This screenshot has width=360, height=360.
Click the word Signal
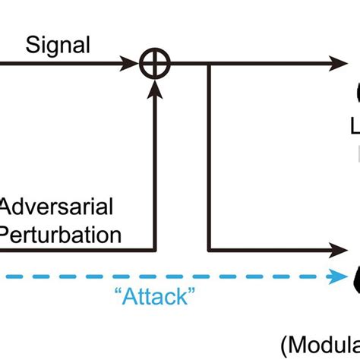click(58, 45)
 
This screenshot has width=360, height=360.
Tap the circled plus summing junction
click(154, 67)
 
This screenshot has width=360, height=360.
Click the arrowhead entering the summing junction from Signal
click(134, 67)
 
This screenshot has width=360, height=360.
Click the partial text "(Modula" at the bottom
click(320, 346)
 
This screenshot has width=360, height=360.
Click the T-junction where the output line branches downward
click(209, 67)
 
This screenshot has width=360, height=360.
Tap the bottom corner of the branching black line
click(209, 248)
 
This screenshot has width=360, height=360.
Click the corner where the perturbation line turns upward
click(154, 248)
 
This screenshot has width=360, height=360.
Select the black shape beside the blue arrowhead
click(355, 277)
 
